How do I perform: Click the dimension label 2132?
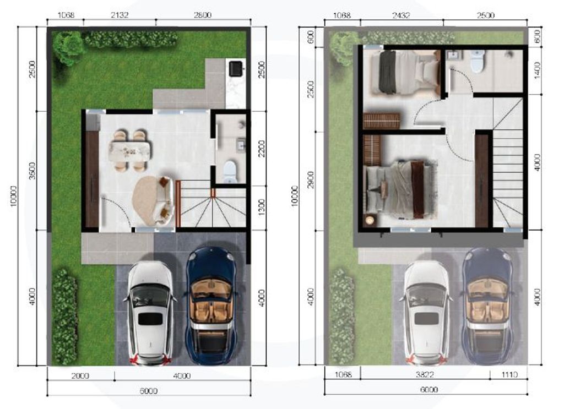(x=119, y=15)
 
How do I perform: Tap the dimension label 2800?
(x=203, y=15)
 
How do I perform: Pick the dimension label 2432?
(x=400, y=15)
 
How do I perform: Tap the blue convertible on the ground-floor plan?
(x=211, y=306)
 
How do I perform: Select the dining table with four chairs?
(x=130, y=150)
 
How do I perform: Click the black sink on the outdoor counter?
(x=235, y=68)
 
